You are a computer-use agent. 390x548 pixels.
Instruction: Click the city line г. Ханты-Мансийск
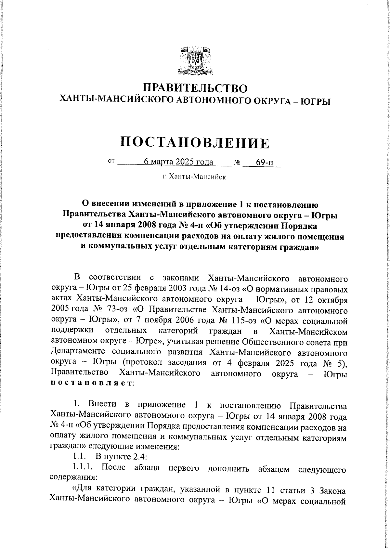(x=194, y=177)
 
